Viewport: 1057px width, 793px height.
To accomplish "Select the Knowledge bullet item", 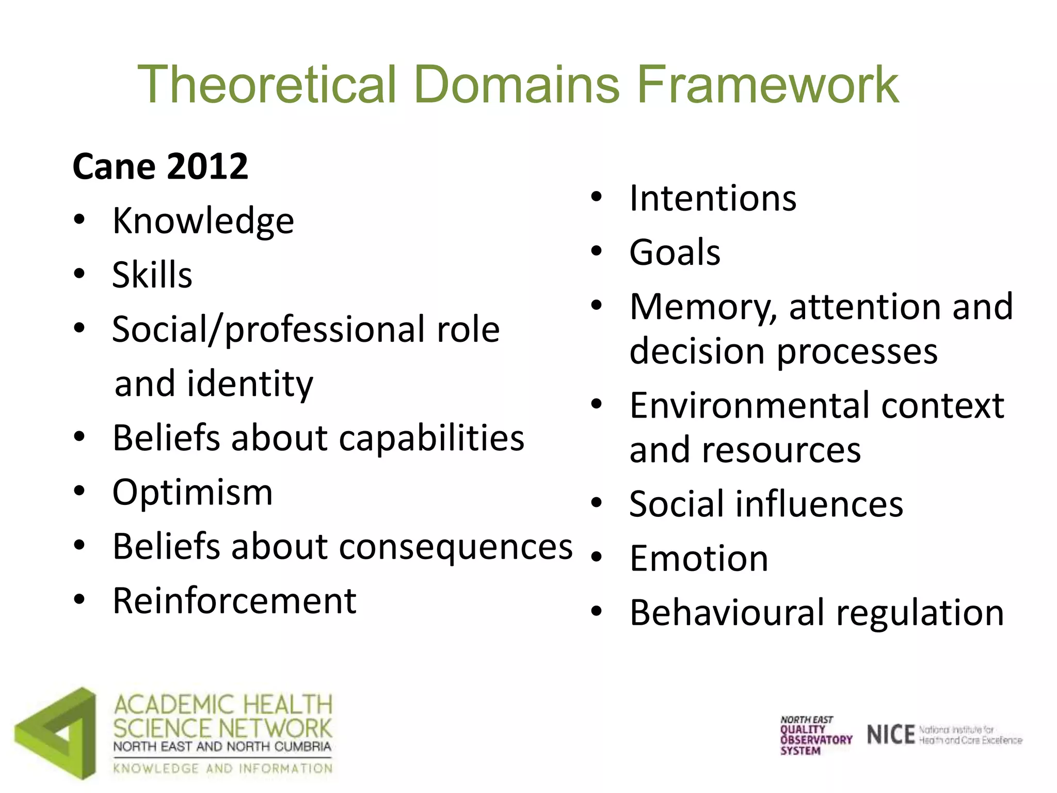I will tap(203, 221).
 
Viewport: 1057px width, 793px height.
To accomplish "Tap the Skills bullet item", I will tap(152, 275).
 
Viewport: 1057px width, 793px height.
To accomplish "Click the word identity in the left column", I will tap(250, 384).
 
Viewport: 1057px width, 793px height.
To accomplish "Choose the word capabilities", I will tap(431, 438).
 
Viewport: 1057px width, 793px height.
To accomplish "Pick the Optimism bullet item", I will tap(193, 493).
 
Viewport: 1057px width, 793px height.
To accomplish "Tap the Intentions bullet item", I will tap(713, 198).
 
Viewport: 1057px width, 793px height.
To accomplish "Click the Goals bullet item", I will tap(675, 252).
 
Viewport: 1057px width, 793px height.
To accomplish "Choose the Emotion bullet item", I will tap(699, 559).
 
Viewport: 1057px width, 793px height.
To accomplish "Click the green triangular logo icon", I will tap(56, 733).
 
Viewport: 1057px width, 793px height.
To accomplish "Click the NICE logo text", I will tap(890, 735).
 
